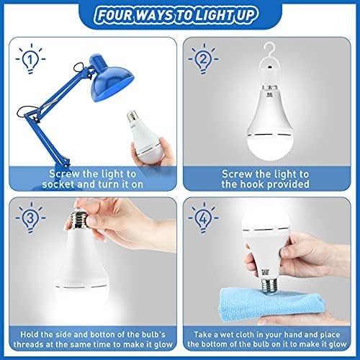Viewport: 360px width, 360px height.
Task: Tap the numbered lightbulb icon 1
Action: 30,59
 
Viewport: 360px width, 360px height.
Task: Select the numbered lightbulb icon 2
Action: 203,58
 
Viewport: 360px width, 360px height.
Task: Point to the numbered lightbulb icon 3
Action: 30,217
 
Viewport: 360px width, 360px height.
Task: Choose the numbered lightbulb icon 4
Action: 203,217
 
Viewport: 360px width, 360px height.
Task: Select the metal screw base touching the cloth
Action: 269,286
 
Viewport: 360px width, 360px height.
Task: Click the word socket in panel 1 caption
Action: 56,184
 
